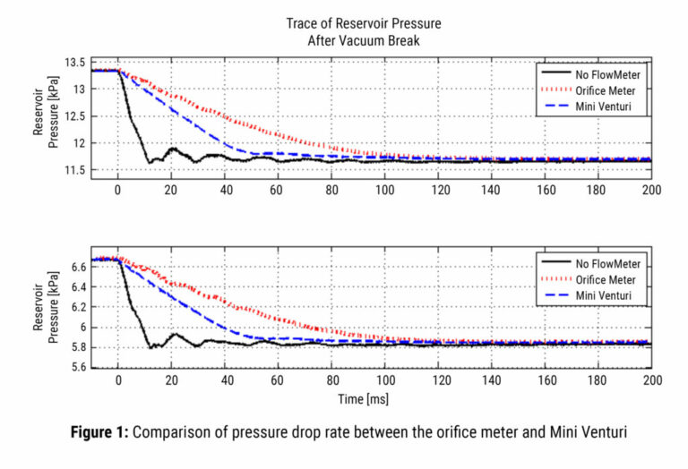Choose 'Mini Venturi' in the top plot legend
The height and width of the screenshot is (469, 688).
[605, 107]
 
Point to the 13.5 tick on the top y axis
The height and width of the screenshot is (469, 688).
[75, 63]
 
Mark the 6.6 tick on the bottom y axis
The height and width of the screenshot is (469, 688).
[78, 267]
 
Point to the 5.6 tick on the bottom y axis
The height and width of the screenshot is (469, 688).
[78, 368]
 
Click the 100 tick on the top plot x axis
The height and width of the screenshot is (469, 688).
[384, 191]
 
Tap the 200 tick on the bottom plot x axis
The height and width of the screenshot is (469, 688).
[651, 380]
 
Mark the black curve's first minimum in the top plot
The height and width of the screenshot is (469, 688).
[150, 163]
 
